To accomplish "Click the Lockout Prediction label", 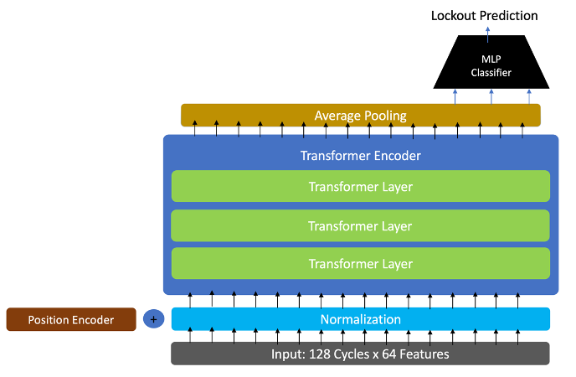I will tap(484, 15).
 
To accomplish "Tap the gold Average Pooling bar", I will tap(360, 115).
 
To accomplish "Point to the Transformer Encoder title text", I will tap(360, 156).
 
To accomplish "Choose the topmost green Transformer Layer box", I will tap(360, 187).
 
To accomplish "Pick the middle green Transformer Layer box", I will tap(360, 225).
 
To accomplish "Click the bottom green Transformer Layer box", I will tap(360, 264).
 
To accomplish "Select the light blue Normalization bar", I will tap(360, 319).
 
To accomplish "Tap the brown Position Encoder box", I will tap(71, 319).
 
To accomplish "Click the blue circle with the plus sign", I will tap(153, 319).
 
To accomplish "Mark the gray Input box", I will tap(360, 354).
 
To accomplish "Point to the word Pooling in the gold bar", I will tap(384, 115).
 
